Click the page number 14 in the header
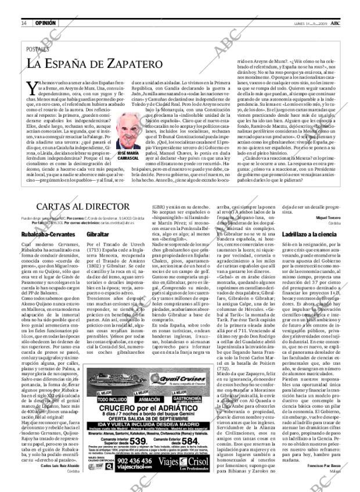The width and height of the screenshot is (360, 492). pos(23,23)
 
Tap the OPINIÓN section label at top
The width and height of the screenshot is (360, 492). pos(45,23)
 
